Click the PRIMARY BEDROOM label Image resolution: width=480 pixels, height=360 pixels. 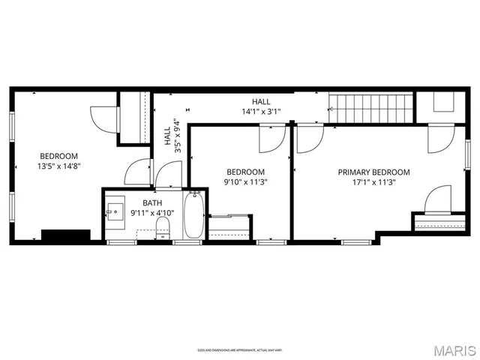tap(373, 171)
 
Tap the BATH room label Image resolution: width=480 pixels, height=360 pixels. tap(152, 202)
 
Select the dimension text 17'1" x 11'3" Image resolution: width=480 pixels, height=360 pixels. tap(373, 181)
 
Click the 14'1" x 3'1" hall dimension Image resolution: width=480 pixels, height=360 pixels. tap(261, 112)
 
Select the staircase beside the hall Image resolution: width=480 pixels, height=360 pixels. tap(371, 109)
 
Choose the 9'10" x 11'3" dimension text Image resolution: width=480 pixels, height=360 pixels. tap(246, 181)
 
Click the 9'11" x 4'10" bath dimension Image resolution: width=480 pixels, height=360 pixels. tap(152, 213)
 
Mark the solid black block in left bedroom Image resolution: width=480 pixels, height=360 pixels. tap(66, 235)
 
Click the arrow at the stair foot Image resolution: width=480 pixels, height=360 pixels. tap(331, 109)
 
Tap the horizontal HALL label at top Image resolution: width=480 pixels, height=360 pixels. tap(261, 102)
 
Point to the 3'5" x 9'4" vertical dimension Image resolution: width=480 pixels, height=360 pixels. tap(177, 136)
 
